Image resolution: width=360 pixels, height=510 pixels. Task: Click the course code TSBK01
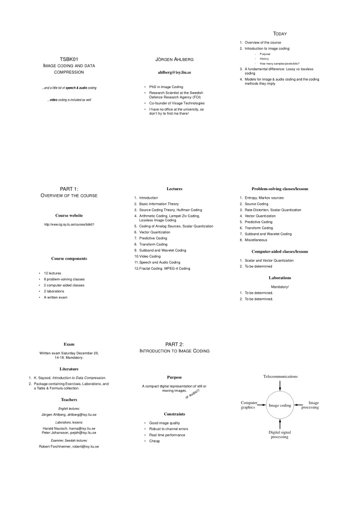point(69,59)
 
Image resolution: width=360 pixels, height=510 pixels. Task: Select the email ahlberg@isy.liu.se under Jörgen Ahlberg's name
point(174,73)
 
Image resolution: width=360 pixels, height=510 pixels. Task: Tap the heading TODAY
point(279,34)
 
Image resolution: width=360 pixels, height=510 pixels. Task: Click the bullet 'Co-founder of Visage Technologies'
point(177,103)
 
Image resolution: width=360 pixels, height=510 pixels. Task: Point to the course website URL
point(69,224)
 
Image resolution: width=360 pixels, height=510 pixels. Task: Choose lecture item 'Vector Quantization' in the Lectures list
point(154,232)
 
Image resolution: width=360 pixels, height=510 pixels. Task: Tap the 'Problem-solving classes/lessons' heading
point(279,189)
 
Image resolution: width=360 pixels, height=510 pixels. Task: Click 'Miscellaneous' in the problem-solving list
point(255,240)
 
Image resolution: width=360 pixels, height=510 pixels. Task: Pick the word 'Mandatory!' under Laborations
point(279,287)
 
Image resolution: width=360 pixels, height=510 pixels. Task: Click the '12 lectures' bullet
point(52,273)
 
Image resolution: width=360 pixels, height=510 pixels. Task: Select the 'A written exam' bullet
point(55,297)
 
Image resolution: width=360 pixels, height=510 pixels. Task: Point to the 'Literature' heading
point(69,369)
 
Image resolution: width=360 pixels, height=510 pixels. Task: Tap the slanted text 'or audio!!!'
point(192,393)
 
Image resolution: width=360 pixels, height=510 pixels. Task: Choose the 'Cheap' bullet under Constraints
point(154,441)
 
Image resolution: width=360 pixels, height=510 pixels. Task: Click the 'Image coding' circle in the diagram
point(279,391)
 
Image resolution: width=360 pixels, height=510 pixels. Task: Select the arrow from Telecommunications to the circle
point(279,385)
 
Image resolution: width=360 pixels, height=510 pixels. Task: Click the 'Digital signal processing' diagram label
point(279,434)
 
